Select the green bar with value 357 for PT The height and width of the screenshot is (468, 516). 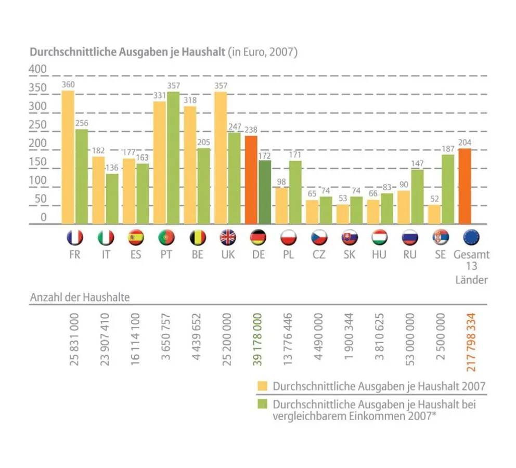click(x=173, y=158)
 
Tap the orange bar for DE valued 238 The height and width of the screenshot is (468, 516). click(x=251, y=179)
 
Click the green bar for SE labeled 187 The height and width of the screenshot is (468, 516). click(x=447, y=189)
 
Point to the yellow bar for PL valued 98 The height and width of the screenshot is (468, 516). click(x=281, y=206)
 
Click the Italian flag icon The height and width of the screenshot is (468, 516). click(x=106, y=238)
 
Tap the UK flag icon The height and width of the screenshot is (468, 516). click(x=227, y=238)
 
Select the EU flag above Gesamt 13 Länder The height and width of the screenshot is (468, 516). click(x=471, y=238)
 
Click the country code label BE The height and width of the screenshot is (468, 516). click(x=197, y=255)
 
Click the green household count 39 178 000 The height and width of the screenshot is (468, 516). click(x=257, y=339)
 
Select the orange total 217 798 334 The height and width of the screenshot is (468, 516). click(x=471, y=341)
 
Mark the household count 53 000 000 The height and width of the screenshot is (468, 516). click(x=410, y=339)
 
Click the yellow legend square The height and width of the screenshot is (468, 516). click(x=263, y=386)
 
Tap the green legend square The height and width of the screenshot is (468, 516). click(x=263, y=404)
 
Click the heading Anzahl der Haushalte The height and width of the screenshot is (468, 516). click(x=80, y=297)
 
